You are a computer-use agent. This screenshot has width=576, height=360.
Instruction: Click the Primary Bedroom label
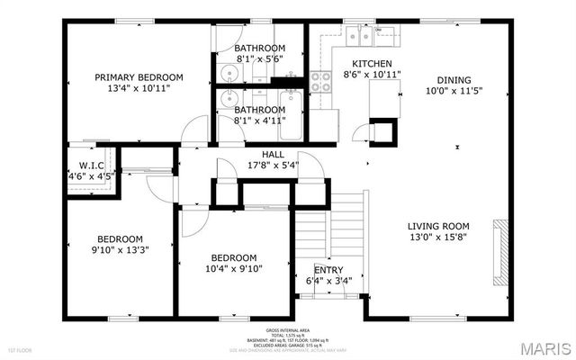(x=139, y=77)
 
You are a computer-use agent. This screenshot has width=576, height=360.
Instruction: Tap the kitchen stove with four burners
(x=321, y=83)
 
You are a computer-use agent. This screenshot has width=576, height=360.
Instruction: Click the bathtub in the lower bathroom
(x=291, y=115)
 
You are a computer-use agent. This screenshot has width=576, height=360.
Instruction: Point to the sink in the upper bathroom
(x=224, y=74)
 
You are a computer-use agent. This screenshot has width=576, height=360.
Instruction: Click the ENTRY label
(x=328, y=270)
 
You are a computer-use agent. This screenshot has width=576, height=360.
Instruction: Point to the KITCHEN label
(x=372, y=64)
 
